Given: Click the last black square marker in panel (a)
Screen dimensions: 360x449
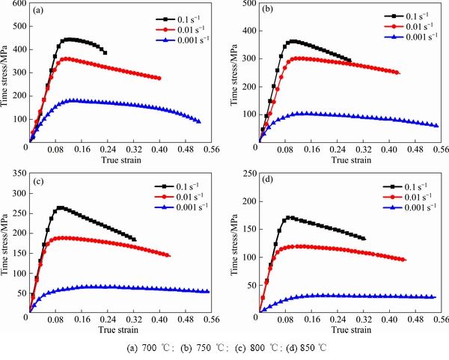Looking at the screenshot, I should click(x=105, y=53).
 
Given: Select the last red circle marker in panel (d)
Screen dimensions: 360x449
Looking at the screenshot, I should click(x=404, y=260).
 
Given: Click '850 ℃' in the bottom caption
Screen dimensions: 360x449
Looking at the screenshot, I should click(x=311, y=348).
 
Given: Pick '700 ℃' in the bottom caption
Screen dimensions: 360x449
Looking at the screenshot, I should click(x=153, y=348).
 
